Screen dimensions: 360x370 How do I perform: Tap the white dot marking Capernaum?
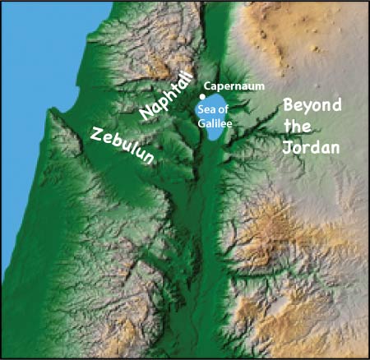(201, 96)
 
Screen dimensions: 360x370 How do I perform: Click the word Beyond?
(312, 106)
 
